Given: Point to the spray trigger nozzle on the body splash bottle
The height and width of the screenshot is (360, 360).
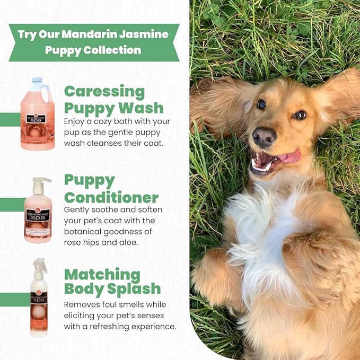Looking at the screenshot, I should click(38, 264).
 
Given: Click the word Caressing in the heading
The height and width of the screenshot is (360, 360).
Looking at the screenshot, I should click(104, 91).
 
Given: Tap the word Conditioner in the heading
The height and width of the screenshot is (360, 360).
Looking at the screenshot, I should click(111, 198).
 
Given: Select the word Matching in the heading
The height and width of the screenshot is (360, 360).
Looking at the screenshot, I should click(102, 275).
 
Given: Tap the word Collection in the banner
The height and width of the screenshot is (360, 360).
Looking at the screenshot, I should click(115, 50).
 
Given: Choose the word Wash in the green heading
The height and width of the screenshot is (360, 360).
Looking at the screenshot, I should click(141, 108).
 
